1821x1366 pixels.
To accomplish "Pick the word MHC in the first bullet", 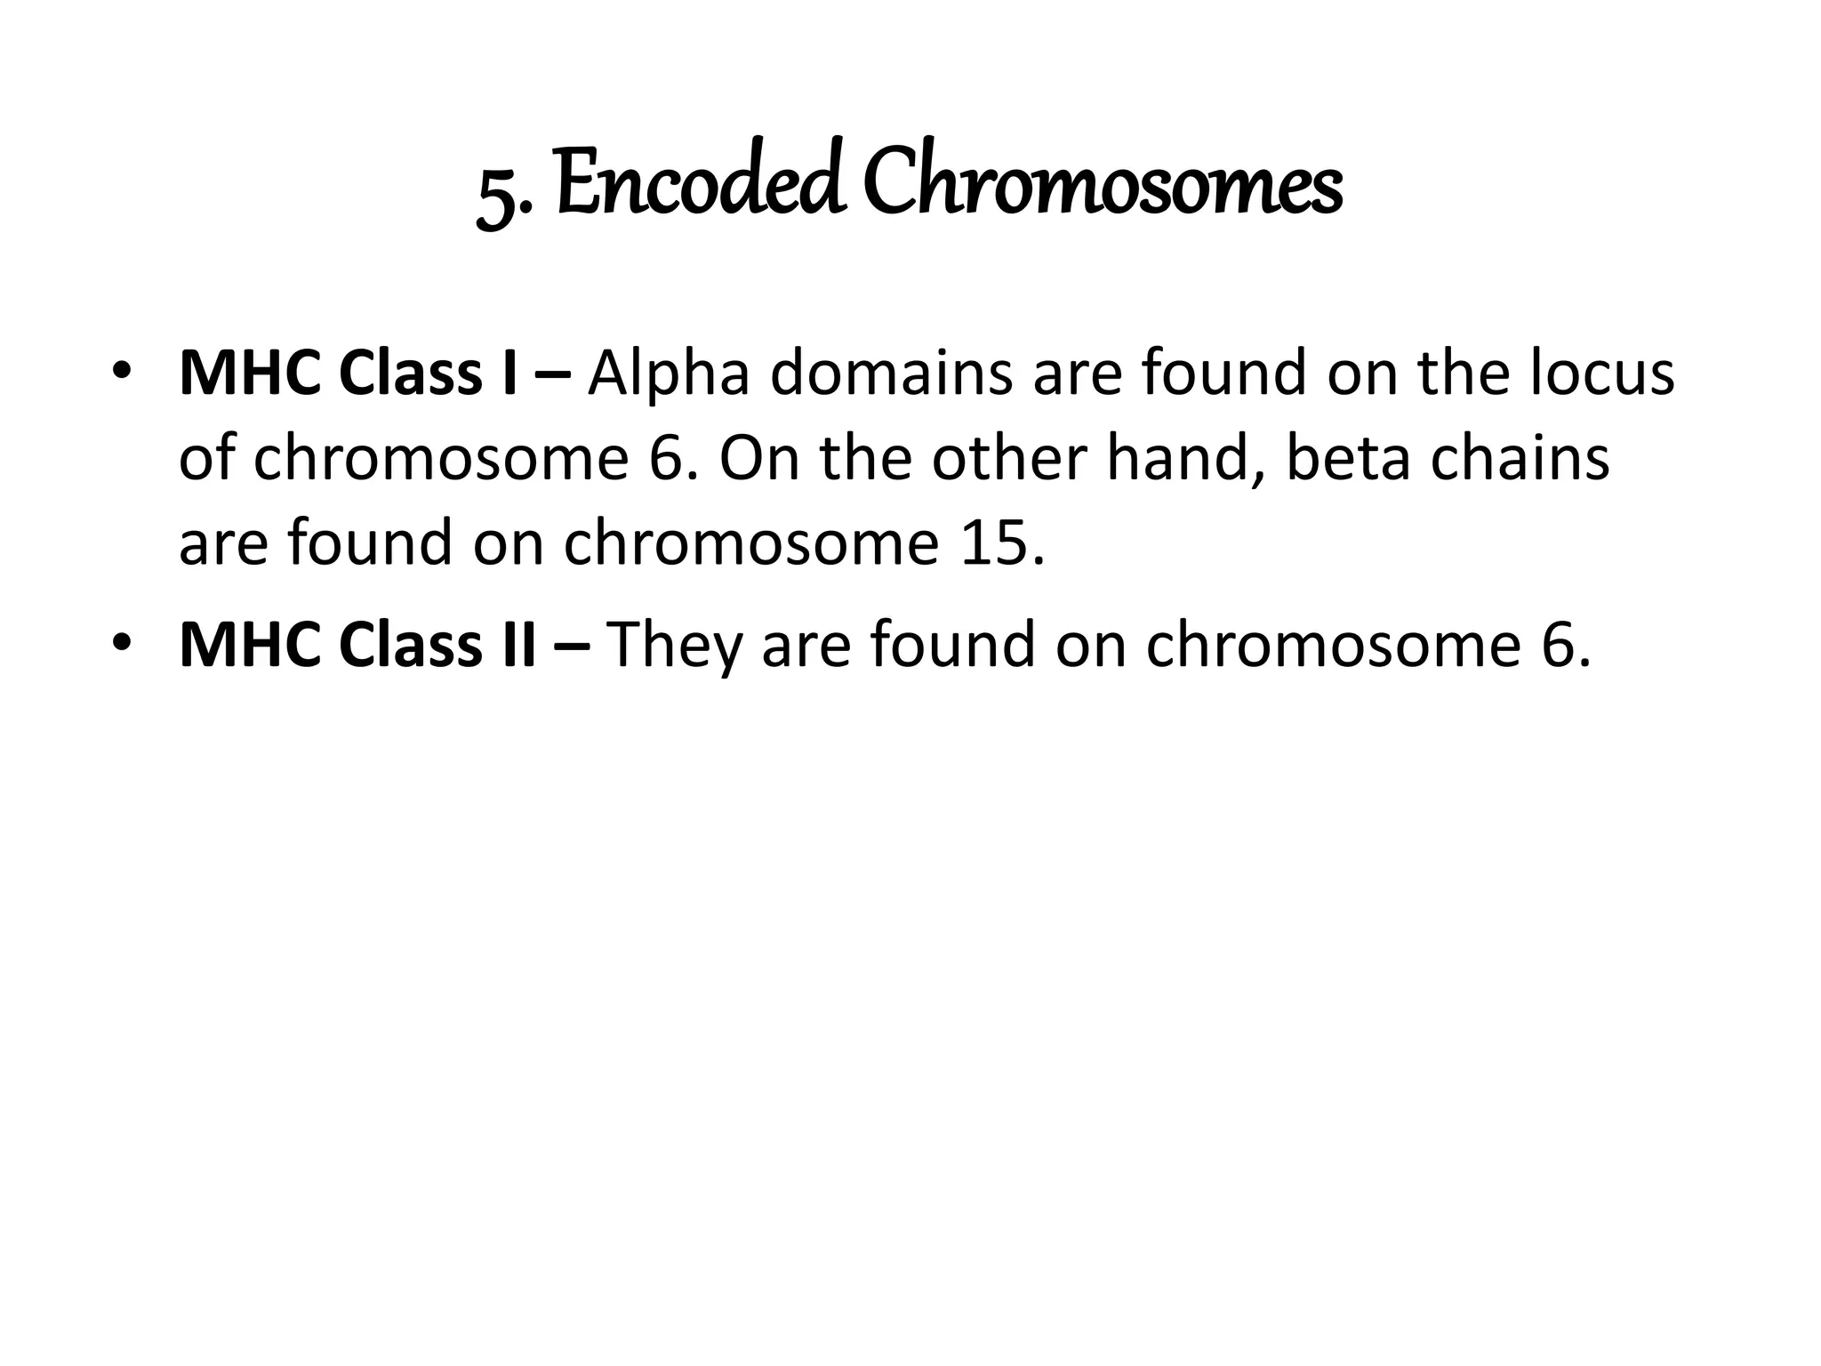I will [x=252, y=374].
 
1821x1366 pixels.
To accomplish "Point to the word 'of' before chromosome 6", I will [x=207, y=459].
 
